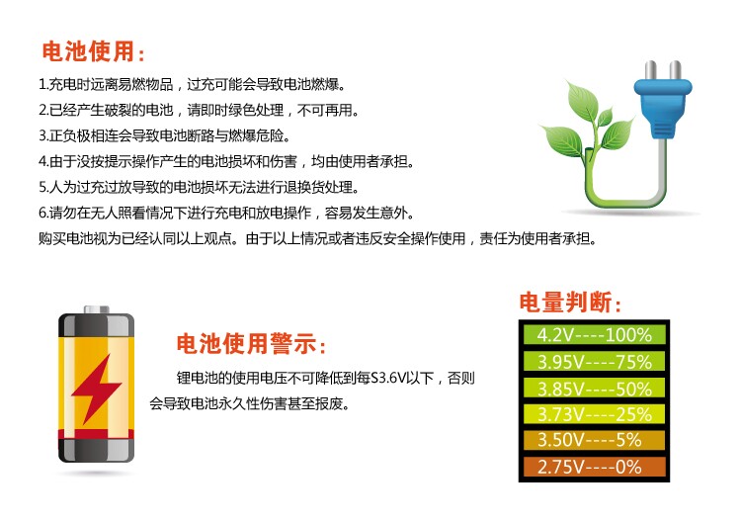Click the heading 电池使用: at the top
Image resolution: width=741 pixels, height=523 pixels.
[x=93, y=51]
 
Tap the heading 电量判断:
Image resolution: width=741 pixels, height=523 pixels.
[x=570, y=302]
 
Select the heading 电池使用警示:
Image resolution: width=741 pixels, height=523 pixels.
[x=251, y=343]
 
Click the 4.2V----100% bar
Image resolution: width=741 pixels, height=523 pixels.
[x=595, y=335]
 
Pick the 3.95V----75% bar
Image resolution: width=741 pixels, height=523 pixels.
[x=595, y=362]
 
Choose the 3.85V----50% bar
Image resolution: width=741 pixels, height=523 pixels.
[x=595, y=389]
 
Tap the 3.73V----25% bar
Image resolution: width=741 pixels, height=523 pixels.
[x=595, y=414]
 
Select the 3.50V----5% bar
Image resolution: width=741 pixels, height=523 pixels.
[x=595, y=440]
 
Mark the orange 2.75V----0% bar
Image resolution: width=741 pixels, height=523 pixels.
[x=595, y=467]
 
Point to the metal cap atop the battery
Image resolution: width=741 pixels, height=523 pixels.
[x=97, y=309]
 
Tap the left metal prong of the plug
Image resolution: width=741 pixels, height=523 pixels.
[x=651, y=70]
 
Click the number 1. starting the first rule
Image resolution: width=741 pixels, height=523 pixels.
[x=43, y=85]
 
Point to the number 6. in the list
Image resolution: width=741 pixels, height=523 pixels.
[x=43, y=214]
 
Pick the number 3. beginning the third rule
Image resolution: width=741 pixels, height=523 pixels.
[x=43, y=136]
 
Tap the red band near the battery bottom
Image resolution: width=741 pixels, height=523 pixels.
[x=97, y=435]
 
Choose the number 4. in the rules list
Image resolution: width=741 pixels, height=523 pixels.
[x=43, y=162]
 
